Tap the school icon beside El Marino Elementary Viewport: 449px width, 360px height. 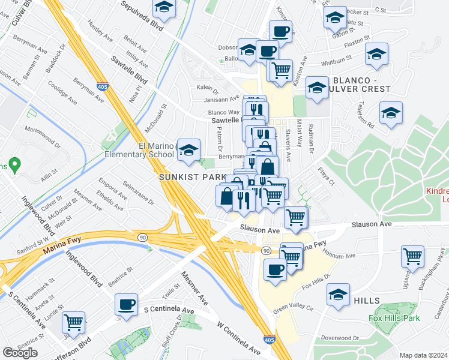point(189,152)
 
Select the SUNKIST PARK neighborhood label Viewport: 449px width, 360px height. point(192,177)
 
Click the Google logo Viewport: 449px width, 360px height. point(20,353)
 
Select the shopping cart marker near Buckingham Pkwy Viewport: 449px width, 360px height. point(413,257)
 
